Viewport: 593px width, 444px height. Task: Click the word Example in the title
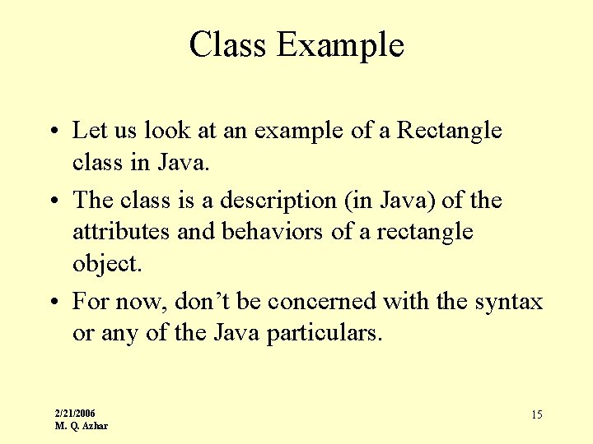tap(340, 46)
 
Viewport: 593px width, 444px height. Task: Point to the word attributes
tap(122, 232)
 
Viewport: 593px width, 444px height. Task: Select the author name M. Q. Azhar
tap(81, 425)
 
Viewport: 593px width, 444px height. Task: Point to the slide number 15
tap(536, 415)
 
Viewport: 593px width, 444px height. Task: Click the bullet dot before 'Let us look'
tap(52, 132)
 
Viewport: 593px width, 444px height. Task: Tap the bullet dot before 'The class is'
tap(52, 201)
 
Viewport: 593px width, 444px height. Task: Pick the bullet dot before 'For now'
tap(52, 303)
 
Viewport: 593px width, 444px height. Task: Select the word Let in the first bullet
tap(86, 130)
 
